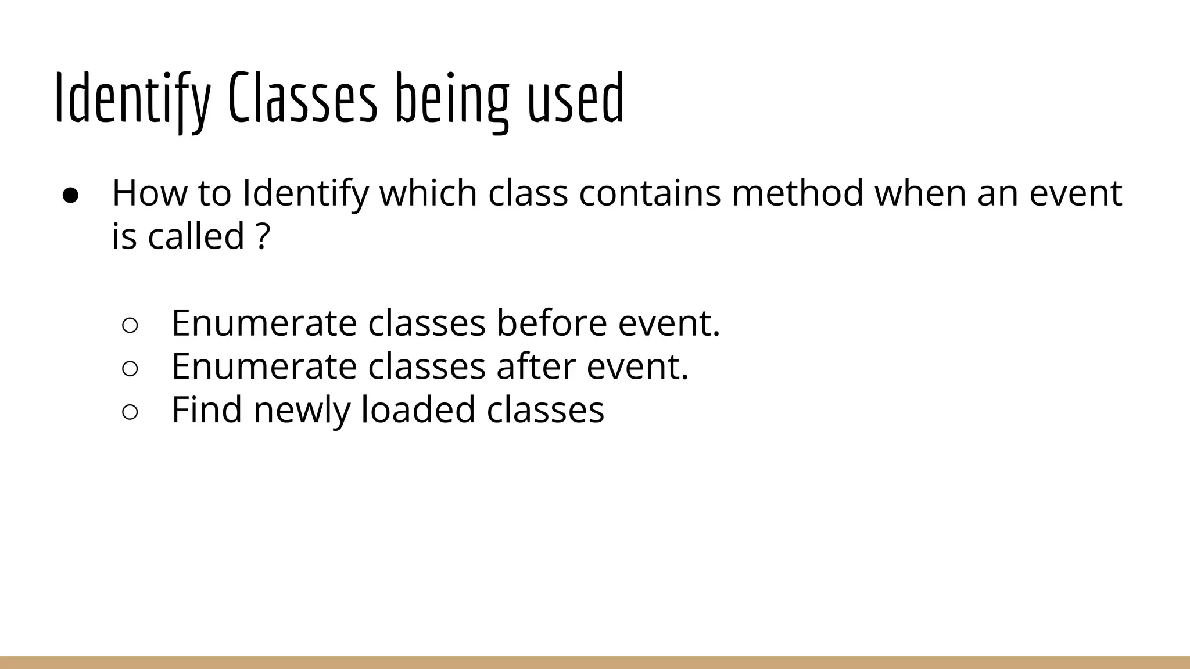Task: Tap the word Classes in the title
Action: pos(303,99)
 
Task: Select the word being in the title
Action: pos(453,99)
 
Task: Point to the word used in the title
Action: pos(575,99)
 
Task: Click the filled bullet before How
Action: pos(71,195)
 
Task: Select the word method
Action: pos(798,193)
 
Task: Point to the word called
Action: pos(196,236)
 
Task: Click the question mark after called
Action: pos(263,236)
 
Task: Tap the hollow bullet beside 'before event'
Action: pos(130,325)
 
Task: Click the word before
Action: pos(551,323)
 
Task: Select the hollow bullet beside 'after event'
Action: pos(130,369)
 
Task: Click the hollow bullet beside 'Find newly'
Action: pos(130,412)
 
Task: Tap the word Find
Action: pos(206,409)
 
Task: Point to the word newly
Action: pos(302,411)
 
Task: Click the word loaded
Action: pos(418,409)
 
